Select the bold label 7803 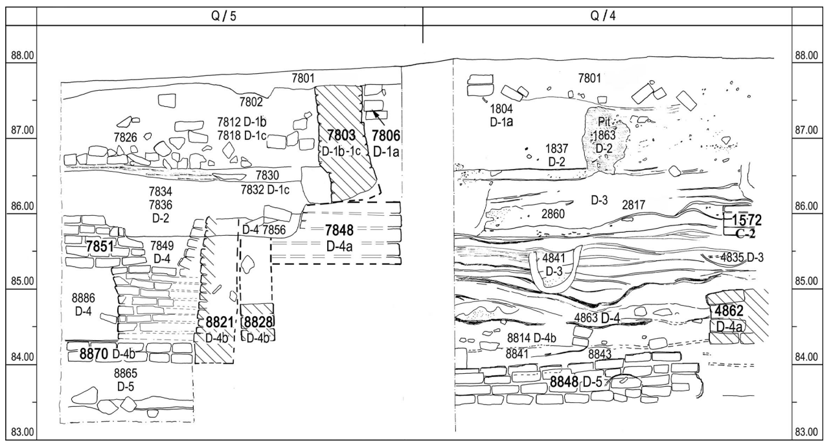pos(341,135)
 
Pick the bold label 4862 pos(729,310)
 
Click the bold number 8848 pos(564,382)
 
